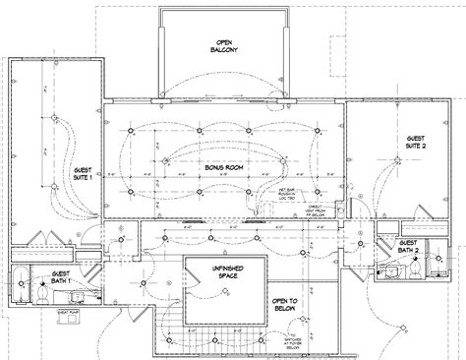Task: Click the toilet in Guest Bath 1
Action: pos(46,294)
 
